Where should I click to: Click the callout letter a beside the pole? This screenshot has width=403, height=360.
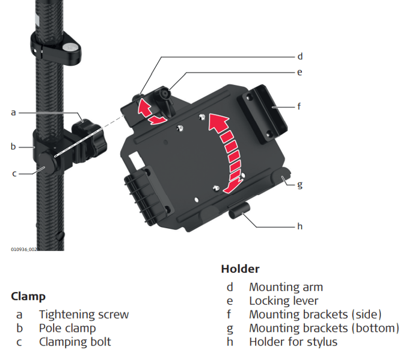(13, 113)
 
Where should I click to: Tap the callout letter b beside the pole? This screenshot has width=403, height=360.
(13, 146)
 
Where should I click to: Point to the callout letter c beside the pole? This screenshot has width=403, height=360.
(14, 173)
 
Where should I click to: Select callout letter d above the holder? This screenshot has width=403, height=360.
(300, 57)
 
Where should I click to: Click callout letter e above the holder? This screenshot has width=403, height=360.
(300, 72)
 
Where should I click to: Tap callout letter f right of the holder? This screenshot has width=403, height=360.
(299, 105)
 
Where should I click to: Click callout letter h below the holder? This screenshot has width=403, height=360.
(300, 226)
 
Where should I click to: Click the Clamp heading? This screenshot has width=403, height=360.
(28, 297)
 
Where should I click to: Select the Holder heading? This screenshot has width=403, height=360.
(240, 268)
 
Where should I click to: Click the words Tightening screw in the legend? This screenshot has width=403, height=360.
(84, 314)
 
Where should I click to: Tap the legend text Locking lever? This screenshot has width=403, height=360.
(283, 300)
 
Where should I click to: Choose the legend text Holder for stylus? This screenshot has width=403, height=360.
(293, 342)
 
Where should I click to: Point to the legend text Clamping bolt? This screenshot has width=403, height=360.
(75, 342)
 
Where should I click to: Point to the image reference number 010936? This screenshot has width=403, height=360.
(22, 249)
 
